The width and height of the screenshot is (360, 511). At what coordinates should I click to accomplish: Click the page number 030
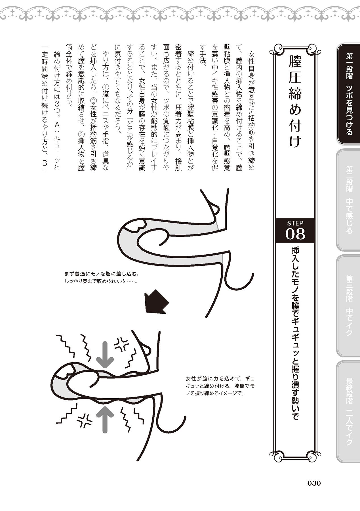314,483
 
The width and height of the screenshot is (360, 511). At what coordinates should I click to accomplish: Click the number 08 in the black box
295,234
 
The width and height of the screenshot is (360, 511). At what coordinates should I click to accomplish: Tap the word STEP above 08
295,223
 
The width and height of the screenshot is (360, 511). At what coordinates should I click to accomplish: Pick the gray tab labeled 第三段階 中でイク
349,305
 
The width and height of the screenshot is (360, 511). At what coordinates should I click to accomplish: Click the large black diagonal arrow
156,302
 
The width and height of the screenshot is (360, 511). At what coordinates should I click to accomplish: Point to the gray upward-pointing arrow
105,420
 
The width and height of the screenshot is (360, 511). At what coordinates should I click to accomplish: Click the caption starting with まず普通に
102,278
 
